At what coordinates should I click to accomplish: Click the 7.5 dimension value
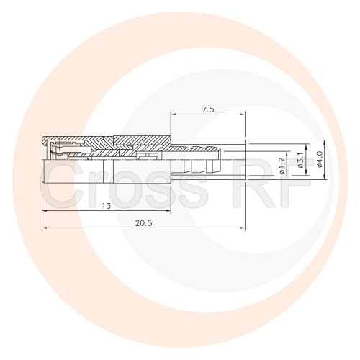tap(208, 109)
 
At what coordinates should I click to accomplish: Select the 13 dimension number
tap(106, 206)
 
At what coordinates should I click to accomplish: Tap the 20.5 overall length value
tap(143, 223)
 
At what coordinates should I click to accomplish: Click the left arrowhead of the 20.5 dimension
tap(45, 228)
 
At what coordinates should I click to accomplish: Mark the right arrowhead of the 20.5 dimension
tap(243, 228)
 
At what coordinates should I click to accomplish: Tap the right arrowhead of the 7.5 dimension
tap(243, 114)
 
